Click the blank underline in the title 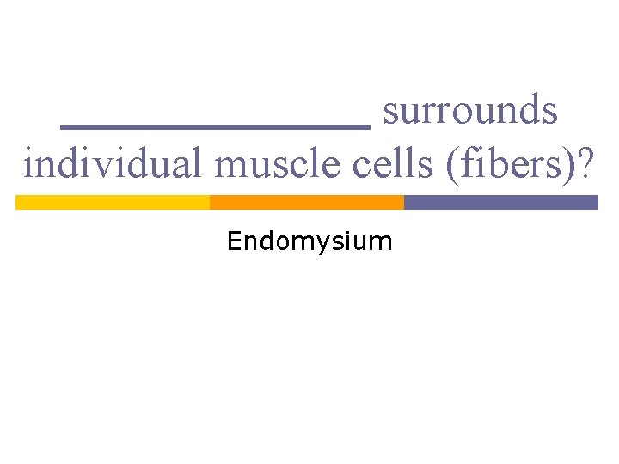[216, 126]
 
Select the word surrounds [470, 111]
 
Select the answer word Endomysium [309, 242]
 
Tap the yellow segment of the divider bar [113, 202]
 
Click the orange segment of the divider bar [307, 202]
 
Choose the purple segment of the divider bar [500, 202]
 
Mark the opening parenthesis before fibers [452, 164]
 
